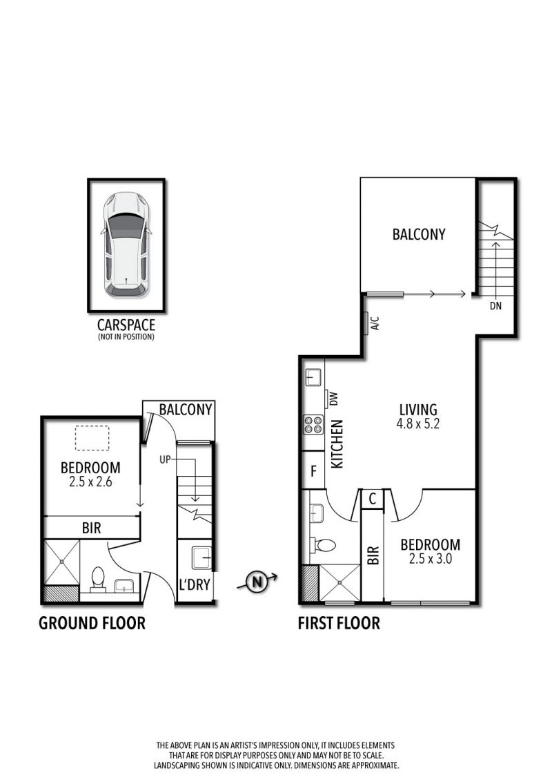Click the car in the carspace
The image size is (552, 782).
pos(126,245)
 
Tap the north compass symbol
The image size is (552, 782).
pos(257,582)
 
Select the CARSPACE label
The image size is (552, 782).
pos(126,325)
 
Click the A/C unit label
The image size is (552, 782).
pos(375,323)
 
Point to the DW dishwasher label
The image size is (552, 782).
pos(334,398)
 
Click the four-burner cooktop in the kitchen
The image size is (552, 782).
pos(313,424)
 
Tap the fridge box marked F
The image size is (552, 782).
pos(313,470)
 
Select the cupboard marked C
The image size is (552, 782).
pos(372,499)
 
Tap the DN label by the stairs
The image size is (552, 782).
pos(495,306)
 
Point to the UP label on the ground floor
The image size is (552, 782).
pos(165,459)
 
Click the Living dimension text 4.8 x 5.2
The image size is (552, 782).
pos(418,424)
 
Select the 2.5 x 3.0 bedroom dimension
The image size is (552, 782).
pos(431,559)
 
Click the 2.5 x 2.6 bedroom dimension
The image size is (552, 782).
pos(90,481)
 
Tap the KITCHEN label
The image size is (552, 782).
pos(337,444)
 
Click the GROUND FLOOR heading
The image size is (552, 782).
pos(92,623)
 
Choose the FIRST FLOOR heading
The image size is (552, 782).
pos(339,623)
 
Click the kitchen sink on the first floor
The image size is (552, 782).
pos(313,378)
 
